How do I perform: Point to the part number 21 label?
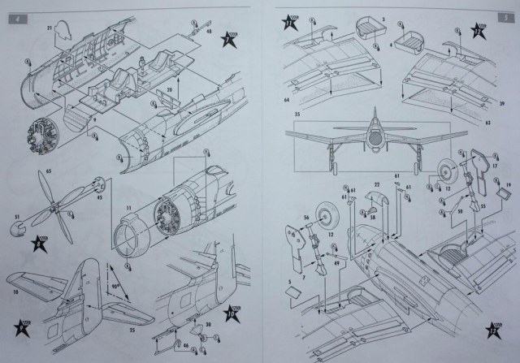pyautogui.click(x=50, y=29)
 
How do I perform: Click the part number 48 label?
pyautogui.click(x=209, y=32)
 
